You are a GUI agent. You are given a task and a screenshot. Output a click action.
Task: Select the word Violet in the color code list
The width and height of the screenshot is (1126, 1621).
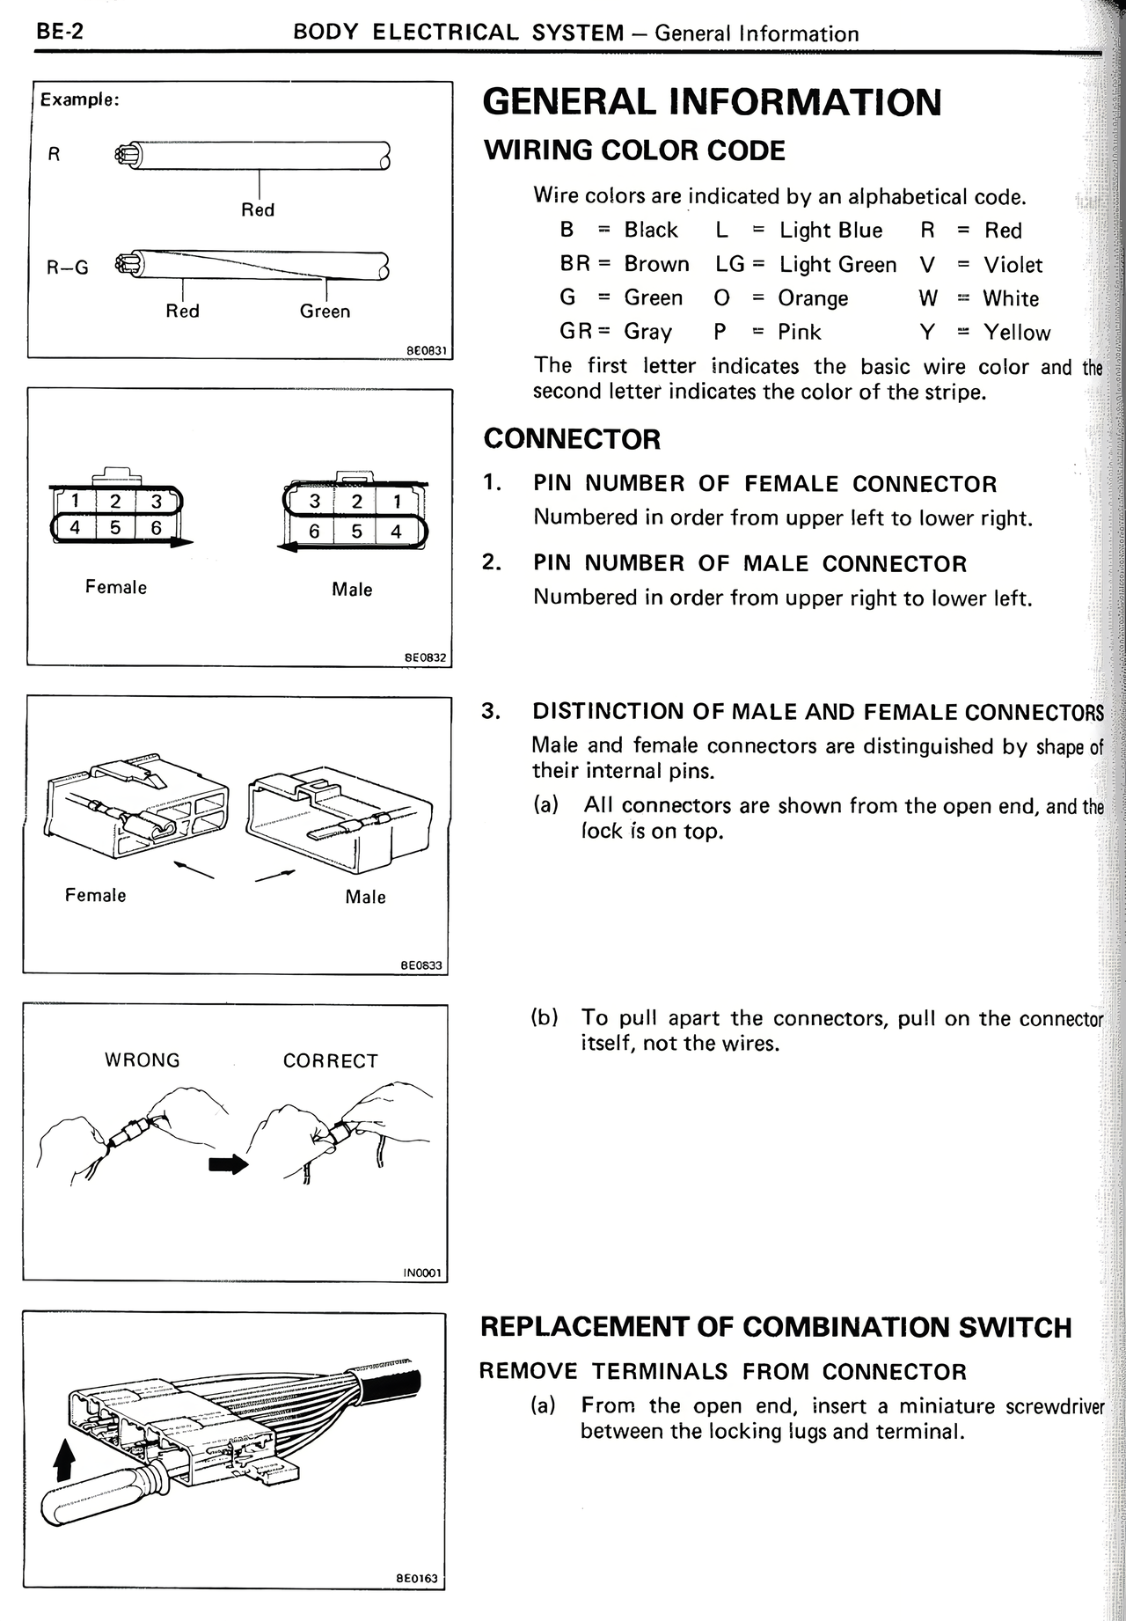click(x=1013, y=265)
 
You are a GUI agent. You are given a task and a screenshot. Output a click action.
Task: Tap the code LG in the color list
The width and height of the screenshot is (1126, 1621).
click(x=729, y=264)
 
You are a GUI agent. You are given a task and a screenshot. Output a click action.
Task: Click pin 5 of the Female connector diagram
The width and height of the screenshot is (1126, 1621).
click(x=115, y=528)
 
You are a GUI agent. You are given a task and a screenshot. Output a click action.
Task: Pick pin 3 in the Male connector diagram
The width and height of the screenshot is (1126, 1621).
click(x=315, y=502)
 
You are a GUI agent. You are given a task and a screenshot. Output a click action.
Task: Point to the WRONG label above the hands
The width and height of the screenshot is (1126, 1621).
click(x=142, y=1060)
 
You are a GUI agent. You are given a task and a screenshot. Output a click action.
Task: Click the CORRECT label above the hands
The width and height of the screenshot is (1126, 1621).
click(x=330, y=1061)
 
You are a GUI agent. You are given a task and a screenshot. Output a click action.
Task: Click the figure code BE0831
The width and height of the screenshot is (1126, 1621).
click(x=428, y=350)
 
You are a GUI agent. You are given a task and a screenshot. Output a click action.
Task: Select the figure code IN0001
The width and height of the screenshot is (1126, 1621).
click(x=424, y=1273)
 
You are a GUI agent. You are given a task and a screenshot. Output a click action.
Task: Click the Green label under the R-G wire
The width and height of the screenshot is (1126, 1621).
click(x=325, y=312)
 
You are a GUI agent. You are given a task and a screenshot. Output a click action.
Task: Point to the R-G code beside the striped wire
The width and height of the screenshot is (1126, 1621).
click(x=68, y=268)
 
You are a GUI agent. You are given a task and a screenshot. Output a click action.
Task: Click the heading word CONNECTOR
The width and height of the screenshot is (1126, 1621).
click(x=572, y=439)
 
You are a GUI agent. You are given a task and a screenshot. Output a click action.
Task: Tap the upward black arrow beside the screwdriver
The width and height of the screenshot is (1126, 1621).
click(x=62, y=1464)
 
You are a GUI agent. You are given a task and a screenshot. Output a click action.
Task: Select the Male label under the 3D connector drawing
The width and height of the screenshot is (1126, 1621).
click(x=365, y=897)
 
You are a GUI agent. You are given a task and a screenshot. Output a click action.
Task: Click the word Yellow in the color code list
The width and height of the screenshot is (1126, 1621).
click(x=1017, y=333)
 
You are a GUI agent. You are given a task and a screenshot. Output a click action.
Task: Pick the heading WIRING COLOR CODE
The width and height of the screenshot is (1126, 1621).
click(x=634, y=150)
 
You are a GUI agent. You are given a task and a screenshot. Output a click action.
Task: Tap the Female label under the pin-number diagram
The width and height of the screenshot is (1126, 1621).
click(x=115, y=587)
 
